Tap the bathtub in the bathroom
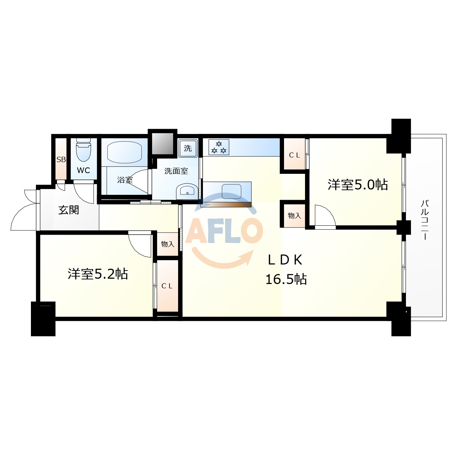pyautogui.click(x=124, y=152)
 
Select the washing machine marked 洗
pyautogui.click(x=188, y=148)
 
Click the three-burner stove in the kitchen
pyautogui.click(x=219, y=147)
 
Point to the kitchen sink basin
pyautogui.click(x=231, y=191)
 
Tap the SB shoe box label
pyautogui.click(x=61, y=160)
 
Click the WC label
pyautogui.click(x=84, y=171)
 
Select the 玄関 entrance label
pyautogui.click(x=69, y=210)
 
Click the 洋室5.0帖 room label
pyautogui.click(x=358, y=184)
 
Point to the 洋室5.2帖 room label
pyautogui.click(x=98, y=274)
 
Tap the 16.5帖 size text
pyautogui.click(x=286, y=279)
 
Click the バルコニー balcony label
pyautogui.click(x=425, y=220)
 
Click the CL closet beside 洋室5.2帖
pyautogui.click(x=167, y=286)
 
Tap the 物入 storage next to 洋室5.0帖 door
pyautogui.click(x=294, y=215)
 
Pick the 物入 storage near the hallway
pyautogui.click(x=167, y=244)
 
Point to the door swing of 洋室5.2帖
pyautogui.click(x=140, y=244)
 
